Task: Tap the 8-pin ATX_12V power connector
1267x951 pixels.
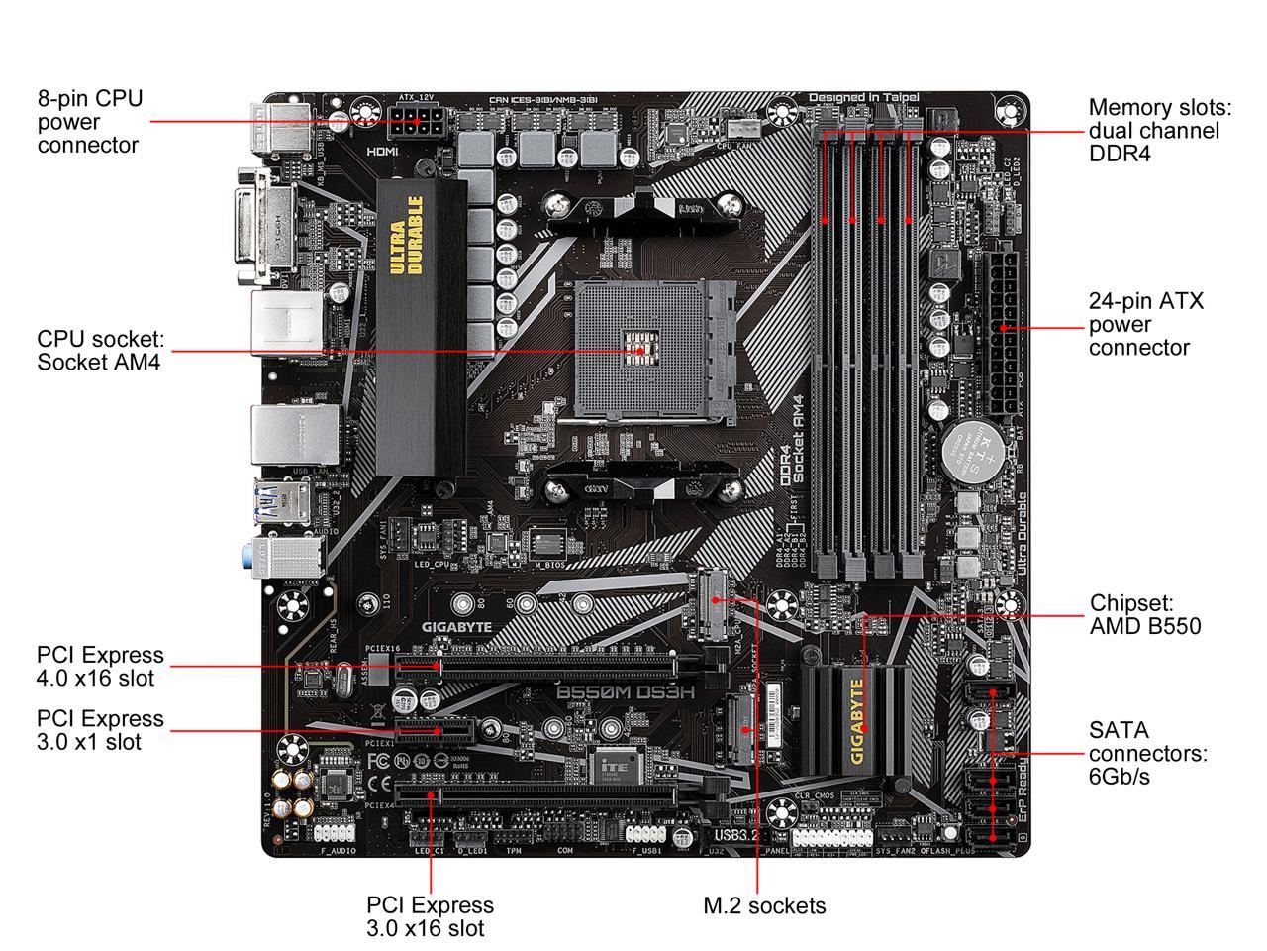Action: [x=417, y=126]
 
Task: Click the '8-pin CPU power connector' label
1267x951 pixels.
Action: [x=89, y=122]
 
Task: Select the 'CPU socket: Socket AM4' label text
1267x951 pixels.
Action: [x=99, y=350]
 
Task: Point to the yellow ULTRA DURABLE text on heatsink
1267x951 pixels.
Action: [x=406, y=236]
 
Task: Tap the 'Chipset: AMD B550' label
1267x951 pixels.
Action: [x=1144, y=614]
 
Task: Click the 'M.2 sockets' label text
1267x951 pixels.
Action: [x=763, y=905]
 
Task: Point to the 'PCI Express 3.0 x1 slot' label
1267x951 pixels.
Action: [x=100, y=730]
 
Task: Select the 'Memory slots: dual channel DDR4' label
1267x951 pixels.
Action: [x=1154, y=130]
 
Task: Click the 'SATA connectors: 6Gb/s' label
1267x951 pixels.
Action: [x=1147, y=753]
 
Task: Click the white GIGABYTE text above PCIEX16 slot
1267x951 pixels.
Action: [x=456, y=627]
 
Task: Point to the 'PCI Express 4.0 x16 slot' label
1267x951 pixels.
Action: [x=100, y=667]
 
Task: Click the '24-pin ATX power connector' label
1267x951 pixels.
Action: [x=1145, y=324]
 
